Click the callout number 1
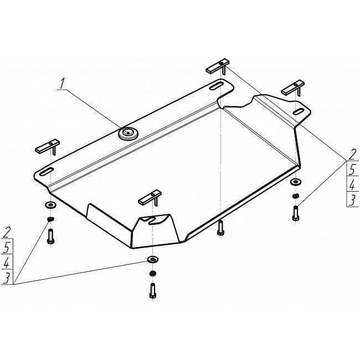pos(61,84)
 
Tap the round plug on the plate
pos(128,133)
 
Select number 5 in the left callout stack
pos(7,247)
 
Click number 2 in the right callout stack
pos(352,155)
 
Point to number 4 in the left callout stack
pos(7,263)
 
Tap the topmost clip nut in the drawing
pos(218,66)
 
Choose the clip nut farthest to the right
pos(293,88)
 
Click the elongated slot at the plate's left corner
pos(47,172)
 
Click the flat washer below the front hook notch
pos(152,259)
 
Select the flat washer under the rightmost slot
pos(296,182)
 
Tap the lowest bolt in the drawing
pos(152,291)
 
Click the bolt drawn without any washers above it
pos(220,228)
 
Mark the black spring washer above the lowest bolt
pos(152,274)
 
